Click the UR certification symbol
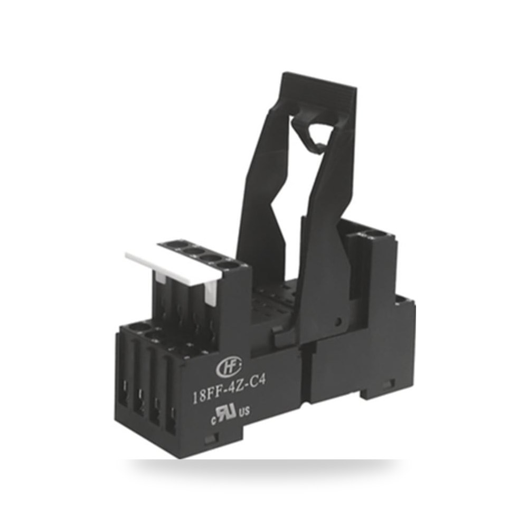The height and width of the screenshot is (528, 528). pos(227,412)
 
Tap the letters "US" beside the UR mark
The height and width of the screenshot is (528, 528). pos(244,411)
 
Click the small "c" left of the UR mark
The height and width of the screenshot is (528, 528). pos(213,420)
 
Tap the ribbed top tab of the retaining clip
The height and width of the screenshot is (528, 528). pos(319,90)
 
